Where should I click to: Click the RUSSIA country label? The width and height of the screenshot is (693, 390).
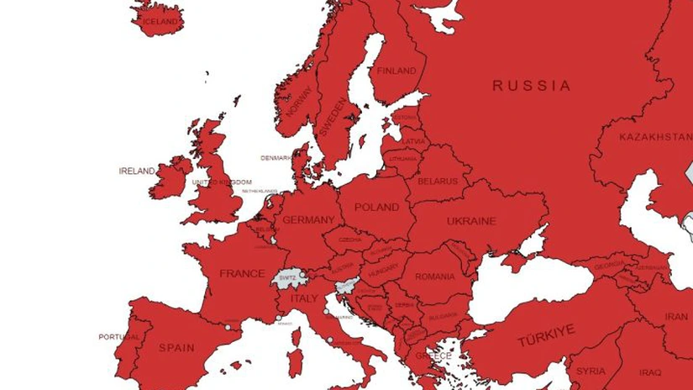pos(531,86)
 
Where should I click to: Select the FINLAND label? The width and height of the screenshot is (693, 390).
pos(396,71)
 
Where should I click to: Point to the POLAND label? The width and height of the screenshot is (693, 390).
pos(376,208)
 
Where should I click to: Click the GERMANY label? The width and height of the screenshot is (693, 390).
pos(308,220)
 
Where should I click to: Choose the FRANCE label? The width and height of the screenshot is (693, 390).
pos(242,273)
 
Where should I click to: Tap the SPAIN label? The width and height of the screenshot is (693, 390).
pos(176,347)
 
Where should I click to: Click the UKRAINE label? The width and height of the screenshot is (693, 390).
pos(471,221)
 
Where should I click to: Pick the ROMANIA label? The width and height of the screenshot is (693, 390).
pos(434,277)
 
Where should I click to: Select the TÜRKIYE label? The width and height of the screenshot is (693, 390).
pos(546,335)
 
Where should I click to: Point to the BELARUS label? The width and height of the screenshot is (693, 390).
pos(438,181)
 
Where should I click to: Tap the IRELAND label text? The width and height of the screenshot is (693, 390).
pos(137,171)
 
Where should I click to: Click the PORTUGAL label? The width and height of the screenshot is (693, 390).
pos(118,336)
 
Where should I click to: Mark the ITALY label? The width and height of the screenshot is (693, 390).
pos(304,298)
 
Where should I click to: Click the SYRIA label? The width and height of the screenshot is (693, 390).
pos(591,371)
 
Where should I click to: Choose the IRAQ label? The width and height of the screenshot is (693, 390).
pos(650,372)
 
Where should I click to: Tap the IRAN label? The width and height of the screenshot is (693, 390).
pos(676,317)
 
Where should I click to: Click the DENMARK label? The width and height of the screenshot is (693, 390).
pos(276,157)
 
